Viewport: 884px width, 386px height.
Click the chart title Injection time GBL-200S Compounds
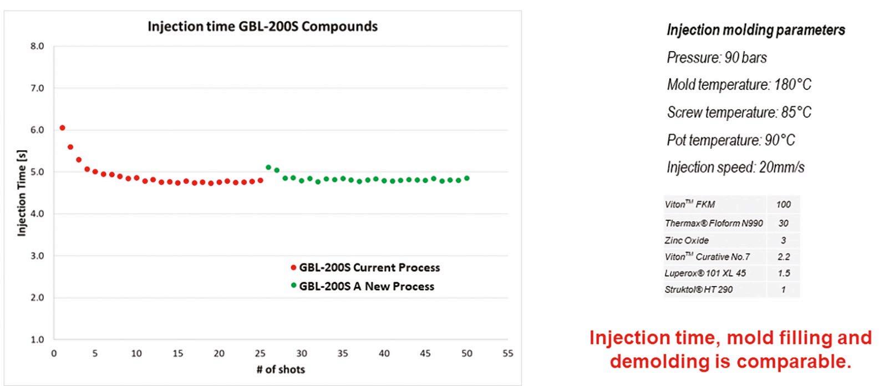(262, 27)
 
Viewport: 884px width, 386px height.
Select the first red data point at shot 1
(62, 128)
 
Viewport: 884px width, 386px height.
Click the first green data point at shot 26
(268, 167)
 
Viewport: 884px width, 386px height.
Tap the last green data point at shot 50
(467, 179)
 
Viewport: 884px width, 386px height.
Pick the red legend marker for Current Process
(293, 268)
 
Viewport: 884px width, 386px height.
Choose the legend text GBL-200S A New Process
(367, 286)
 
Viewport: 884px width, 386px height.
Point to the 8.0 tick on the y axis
(37, 46)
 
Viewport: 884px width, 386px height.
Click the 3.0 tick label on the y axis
(37, 256)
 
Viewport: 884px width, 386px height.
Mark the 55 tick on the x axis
(508, 353)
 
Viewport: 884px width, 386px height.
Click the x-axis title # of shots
(281, 369)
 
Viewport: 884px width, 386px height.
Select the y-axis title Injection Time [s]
(22, 193)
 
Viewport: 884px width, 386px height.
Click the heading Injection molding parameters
(756, 30)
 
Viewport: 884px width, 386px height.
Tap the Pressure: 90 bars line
(717, 58)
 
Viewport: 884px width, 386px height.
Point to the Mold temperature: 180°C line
(739, 84)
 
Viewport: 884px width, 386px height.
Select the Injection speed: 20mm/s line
(735, 167)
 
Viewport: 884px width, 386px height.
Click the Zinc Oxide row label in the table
(686, 240)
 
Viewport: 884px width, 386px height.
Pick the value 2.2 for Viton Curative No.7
(784, 257)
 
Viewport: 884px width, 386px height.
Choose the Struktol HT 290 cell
(699, 289)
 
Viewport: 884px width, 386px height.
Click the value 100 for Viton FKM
(784, 205)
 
